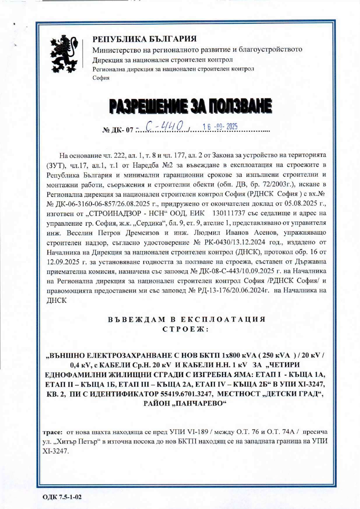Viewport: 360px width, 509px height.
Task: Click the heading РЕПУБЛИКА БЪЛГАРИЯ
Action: [145, 39]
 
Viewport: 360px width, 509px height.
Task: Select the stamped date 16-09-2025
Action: [220, 126]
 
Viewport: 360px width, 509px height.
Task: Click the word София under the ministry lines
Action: [100, 78]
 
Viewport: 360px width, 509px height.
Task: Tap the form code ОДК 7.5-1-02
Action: [62, 497]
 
